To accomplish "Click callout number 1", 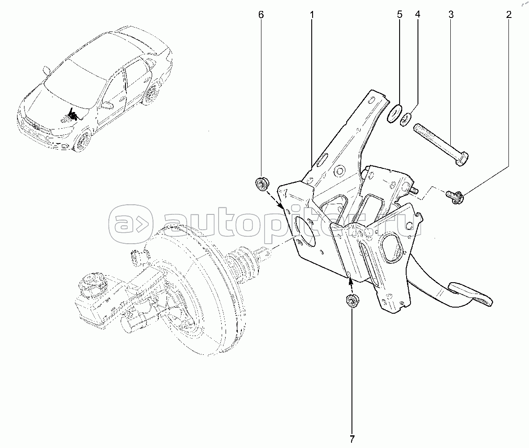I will pos(312,15).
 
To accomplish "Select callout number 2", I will pos(508,15).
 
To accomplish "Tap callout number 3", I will pos(451,15).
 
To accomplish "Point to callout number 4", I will pos(418,15).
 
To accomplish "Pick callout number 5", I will pos(400,15).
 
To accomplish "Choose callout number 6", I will pos(261,15).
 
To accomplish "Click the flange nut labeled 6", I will pos(262,184).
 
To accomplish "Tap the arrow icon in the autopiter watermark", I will pos(132,224).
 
